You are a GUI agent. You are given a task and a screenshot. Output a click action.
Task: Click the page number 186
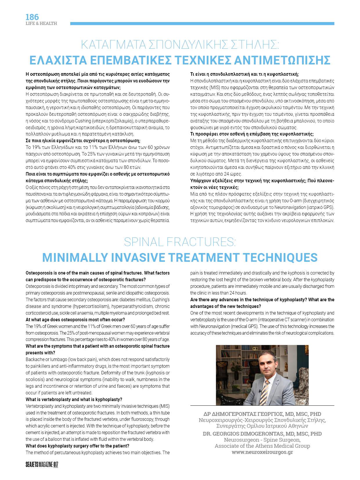pos(32,17)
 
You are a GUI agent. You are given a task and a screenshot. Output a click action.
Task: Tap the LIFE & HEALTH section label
pos(41,24)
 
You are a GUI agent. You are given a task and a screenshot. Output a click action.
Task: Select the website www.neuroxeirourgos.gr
pos(262,452)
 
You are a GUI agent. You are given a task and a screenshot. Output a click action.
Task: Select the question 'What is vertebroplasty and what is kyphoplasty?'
pos(74,399)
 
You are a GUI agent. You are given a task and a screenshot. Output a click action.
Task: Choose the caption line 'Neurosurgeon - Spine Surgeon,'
pos(262,440)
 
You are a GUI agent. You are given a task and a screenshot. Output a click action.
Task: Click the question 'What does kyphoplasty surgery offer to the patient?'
pos(78,446)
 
